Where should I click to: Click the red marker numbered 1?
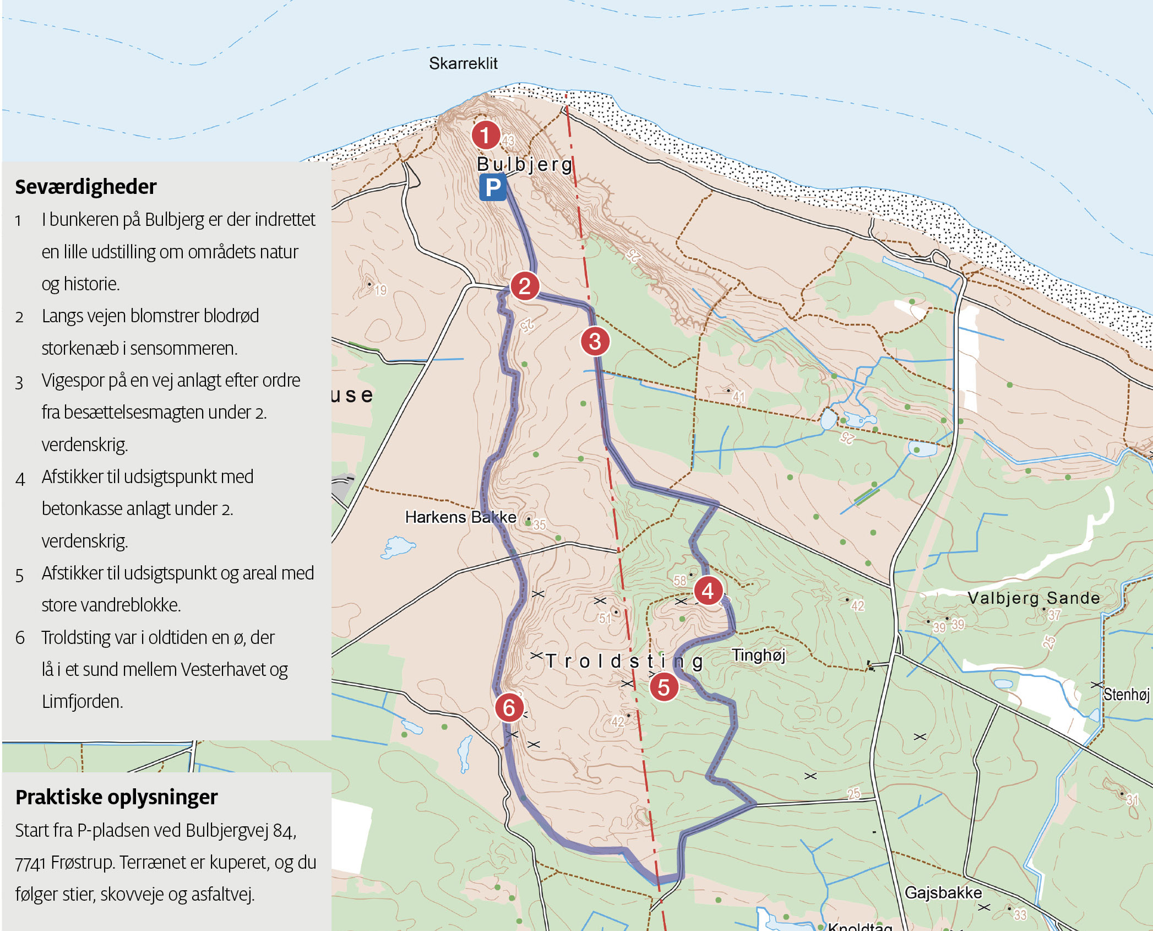[x=485, y=135]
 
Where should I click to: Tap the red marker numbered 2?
[x=524, y=286]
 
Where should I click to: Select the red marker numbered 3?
[x=595, y=342]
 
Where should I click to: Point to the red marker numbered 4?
[x=708, y=591]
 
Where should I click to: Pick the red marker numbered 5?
[x=663, y=687]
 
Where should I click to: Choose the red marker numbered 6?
[x=509, y=707]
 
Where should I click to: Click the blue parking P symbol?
[x=493, y=188]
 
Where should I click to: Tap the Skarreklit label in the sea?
[x=463, y=64]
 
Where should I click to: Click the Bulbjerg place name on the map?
[x=525, y=164]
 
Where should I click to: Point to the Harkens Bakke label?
[x=460, y=517]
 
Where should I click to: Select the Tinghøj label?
[x=758, y=655]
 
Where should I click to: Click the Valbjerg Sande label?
[x=1034, y=598]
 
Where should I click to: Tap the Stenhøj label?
[x=1126, y=694]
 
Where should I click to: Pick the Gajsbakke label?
[x=943, y=892]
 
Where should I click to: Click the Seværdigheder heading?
[x=86, y=187]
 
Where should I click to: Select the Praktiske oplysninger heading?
[x=116, y=797]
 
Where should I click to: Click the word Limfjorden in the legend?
[x=82, y=701]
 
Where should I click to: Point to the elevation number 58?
[x=680, y=581]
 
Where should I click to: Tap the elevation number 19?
[x=381, y=290]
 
